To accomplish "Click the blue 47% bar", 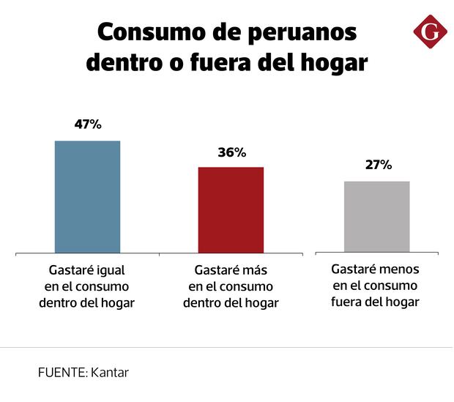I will click(87, 197).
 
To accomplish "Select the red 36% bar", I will click(231, 210).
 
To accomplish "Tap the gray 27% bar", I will click(377, 217).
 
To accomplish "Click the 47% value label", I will click(87, 124).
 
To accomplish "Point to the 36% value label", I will click(231, 152).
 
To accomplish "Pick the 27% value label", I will click(379, 165).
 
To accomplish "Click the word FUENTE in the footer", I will click(62, 372).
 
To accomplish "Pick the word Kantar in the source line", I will click(110, 372).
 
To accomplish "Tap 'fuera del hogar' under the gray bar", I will click(375, 302).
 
